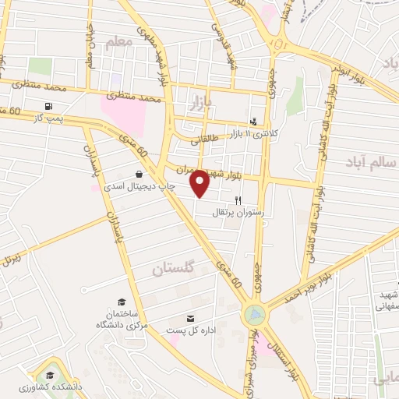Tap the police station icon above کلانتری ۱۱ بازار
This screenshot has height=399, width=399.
253,122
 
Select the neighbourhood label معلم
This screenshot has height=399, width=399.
118,43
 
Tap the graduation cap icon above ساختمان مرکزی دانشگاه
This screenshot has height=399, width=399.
121,302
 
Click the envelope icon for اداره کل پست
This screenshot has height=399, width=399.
191,318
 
